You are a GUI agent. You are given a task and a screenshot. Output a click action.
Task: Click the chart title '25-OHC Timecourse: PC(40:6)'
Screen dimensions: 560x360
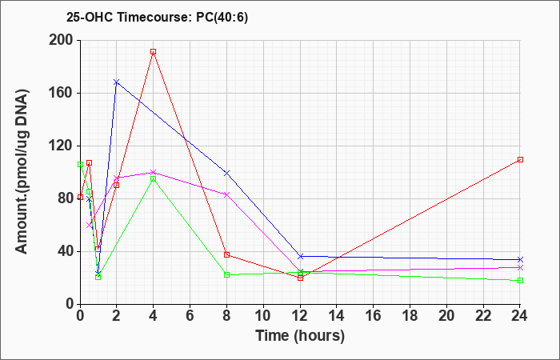157,17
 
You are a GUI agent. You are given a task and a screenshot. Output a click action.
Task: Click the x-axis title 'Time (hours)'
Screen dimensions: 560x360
300,336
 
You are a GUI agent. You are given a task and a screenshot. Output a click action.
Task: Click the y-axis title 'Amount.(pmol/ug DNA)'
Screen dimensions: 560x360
22,171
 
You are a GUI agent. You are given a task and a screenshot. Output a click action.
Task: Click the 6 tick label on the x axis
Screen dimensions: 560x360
190,316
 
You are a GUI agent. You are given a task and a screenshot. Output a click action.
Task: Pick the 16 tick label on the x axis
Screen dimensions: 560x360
374,316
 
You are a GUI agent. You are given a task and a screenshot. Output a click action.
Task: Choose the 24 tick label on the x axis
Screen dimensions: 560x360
519,316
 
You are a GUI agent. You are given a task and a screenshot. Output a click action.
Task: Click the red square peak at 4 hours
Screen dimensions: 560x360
154,52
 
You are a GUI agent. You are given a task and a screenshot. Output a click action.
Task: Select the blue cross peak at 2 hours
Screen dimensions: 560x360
117,82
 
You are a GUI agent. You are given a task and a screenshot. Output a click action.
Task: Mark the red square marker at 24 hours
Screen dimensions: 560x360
520,160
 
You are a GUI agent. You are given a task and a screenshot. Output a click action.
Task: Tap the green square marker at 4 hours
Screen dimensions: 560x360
154,179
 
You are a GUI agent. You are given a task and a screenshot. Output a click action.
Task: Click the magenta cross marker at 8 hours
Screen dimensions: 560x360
226,194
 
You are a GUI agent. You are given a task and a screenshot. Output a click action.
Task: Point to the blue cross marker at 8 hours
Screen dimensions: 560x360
226,174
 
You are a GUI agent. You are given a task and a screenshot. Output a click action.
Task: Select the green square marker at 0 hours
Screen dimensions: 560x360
80,164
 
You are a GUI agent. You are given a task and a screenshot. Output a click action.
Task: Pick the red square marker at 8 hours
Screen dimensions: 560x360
226,254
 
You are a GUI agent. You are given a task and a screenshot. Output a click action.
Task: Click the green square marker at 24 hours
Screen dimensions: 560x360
520,280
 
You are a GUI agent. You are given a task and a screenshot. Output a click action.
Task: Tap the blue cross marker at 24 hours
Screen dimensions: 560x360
520,260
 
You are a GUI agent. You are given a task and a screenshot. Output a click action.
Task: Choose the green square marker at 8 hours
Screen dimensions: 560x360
226,274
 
